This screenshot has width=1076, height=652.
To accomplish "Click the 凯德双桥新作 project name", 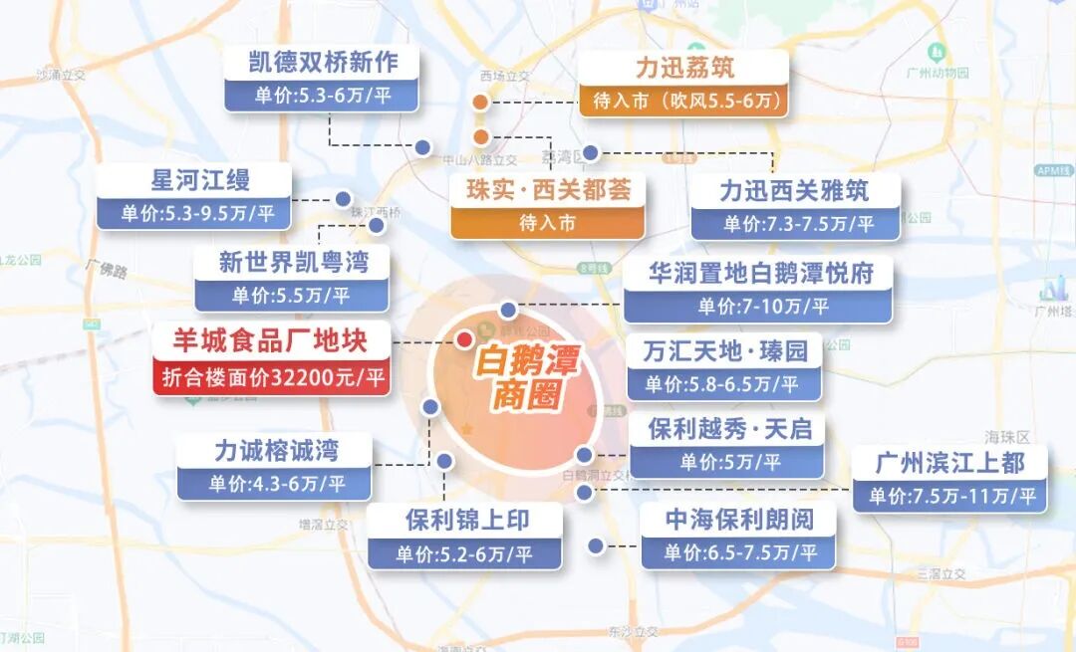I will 322,63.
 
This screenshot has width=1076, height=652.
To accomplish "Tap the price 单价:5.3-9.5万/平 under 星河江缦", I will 194,212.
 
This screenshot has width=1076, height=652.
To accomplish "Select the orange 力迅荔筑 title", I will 684,68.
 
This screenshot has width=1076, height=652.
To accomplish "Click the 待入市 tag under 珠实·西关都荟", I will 547,223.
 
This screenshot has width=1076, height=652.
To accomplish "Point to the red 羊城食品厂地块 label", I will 271,342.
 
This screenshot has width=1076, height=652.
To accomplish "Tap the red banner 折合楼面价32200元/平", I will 271,378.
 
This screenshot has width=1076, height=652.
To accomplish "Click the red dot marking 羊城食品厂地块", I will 464,339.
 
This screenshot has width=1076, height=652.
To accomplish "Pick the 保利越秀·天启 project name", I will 728,429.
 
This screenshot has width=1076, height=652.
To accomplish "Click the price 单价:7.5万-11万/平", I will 951,496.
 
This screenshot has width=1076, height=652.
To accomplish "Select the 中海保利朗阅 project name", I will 739,519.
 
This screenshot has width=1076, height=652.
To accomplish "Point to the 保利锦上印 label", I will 466,520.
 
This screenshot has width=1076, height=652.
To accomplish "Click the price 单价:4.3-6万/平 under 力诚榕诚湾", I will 276,484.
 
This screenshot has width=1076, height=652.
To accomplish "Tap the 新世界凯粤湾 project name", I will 293,263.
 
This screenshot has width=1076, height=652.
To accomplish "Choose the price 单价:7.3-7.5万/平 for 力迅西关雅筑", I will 797,223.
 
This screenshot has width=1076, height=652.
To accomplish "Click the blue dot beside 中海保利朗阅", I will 596,545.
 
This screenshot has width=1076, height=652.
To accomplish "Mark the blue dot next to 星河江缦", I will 344,198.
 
